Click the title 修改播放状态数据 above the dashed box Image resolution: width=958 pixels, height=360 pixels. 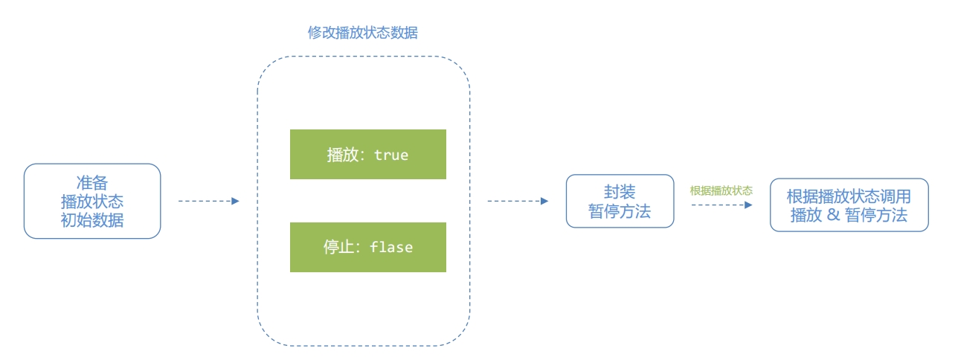pos(363,33)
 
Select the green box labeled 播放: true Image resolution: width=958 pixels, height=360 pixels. pos(367,154)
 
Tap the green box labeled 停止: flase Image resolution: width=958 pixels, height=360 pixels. pos(367,247)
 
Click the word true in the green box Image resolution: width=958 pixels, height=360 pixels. pos(391,155)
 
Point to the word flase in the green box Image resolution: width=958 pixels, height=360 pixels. pos(391,248)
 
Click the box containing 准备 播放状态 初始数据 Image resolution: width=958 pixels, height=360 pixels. pos(92,201)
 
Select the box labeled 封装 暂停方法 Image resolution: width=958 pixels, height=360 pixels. pos(620,201)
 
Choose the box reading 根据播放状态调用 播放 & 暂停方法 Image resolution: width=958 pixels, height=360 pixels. pos(849,205)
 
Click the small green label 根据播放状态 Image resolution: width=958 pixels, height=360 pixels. pos(721,190)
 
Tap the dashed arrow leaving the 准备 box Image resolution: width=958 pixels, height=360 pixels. pos(208,201)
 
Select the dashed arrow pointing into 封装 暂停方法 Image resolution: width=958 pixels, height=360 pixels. pos(518,201)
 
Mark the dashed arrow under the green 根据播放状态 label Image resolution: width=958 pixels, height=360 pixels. pos(721,205)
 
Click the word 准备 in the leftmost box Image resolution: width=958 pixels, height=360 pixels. pos(92,182)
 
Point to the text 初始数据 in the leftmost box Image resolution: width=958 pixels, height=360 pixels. pos(92,220)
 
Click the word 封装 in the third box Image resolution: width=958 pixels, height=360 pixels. pos(620,192)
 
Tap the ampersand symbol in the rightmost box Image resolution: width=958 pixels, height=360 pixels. pos(834,216)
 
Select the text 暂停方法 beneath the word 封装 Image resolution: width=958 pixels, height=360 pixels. pos(620,211)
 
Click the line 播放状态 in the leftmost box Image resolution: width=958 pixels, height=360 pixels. pos(92,202)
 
